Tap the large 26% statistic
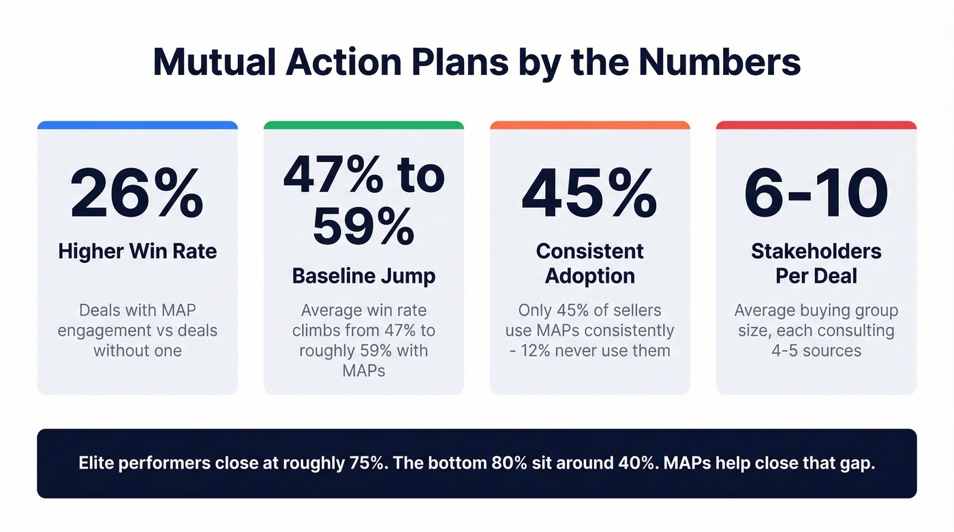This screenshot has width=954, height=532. click(x=137, y=194)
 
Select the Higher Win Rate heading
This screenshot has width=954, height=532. click(x=137, y=251)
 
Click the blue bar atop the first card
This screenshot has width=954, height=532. click(x=137, y=125)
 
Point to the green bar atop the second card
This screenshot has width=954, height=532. click(x=363, y=125)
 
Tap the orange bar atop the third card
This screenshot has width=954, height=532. click(x=589, y=125)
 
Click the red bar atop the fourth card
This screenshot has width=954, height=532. click(x=816, y=125)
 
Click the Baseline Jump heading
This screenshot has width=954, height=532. click(x=363, y=276)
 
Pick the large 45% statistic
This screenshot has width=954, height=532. click(x=589, y=194)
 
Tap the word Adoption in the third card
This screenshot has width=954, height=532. click(x=589, y=276)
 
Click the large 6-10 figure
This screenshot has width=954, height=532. click(x=816, y=194)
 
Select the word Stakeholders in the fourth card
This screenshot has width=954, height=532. click(x=816, y=251)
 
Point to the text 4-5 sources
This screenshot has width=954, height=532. click(x=816, y=351)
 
